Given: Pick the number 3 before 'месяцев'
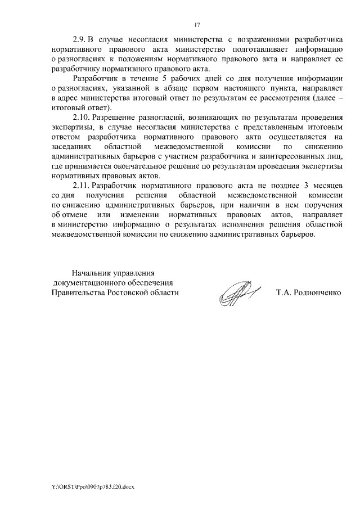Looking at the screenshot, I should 302,184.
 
